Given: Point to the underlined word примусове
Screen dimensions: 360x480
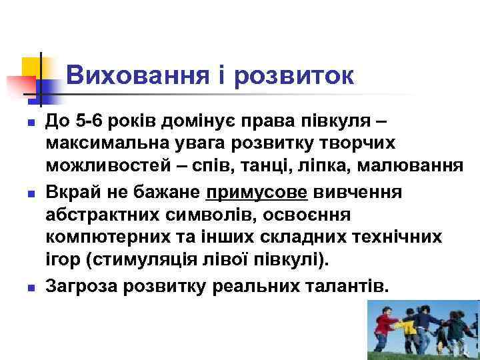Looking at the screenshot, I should tap(257, 193).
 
